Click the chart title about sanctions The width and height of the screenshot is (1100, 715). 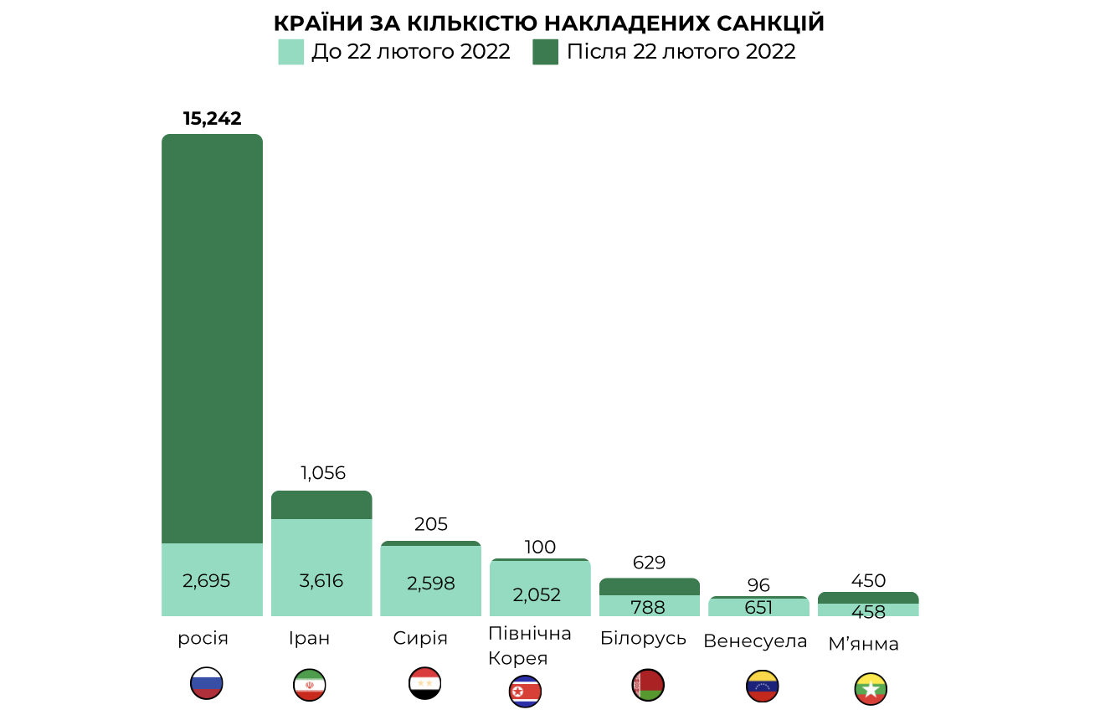(549, 23)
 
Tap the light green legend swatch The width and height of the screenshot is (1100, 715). (290, 52)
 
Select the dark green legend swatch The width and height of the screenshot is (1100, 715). (545, 52)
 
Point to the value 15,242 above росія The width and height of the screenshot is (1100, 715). (212, 119)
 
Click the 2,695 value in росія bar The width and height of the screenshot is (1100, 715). (206, 580)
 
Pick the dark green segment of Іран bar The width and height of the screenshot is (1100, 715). (321, 505)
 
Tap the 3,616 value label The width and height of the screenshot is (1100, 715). (321, 580)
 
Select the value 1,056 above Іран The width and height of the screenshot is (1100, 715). (322, 473)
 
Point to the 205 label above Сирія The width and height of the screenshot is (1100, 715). (431, 525)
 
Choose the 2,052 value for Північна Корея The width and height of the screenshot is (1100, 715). (537, 595)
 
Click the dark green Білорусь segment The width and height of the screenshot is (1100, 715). (650, 586)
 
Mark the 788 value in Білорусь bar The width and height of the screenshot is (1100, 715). (650, 607)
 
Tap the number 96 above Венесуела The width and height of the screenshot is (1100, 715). (758, 585)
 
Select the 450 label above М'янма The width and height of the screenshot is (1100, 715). (868, 581)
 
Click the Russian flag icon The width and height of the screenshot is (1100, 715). (206, 683)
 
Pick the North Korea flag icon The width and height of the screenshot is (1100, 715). (526, 692)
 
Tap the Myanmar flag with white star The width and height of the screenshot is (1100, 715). (871, 689)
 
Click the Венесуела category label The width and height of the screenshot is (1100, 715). (755, 641)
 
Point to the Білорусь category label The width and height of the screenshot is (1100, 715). (643, 638)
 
